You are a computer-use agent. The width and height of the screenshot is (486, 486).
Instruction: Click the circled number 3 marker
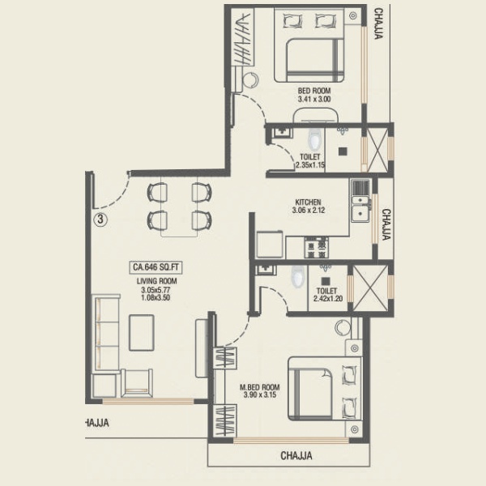point(100,220)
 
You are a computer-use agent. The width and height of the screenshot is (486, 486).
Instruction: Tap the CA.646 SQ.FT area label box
point(156,267)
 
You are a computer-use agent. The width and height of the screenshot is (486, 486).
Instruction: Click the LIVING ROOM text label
point(157,281)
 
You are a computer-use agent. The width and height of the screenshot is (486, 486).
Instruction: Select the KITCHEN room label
point(308,202)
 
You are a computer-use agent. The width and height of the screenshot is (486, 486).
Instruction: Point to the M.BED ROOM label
point(260,387)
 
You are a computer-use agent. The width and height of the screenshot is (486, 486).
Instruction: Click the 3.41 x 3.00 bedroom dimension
point(314,99)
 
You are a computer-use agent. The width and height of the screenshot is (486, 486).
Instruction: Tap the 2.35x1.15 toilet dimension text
point(310,165)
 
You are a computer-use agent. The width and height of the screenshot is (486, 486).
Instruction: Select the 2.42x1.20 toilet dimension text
point(328,299)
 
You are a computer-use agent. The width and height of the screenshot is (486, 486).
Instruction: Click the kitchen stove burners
point(316,247)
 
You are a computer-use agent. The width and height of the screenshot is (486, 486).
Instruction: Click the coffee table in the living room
point(142,333)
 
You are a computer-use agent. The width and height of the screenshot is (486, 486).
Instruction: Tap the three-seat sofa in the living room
point(106,334)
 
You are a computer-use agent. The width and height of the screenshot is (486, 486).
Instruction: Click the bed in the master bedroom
point(325,388)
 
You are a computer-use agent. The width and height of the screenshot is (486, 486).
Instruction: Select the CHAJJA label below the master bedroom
point(296,456)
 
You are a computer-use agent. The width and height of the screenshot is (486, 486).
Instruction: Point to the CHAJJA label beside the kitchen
point(386,224)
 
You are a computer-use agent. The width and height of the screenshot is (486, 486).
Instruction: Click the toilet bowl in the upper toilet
point(314,139)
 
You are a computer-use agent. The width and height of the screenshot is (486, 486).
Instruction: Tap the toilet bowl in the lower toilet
point(298,276)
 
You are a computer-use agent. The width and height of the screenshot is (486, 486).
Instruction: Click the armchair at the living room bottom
point(137,383)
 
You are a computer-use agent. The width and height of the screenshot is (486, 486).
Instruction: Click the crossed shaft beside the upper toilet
point(377,150)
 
